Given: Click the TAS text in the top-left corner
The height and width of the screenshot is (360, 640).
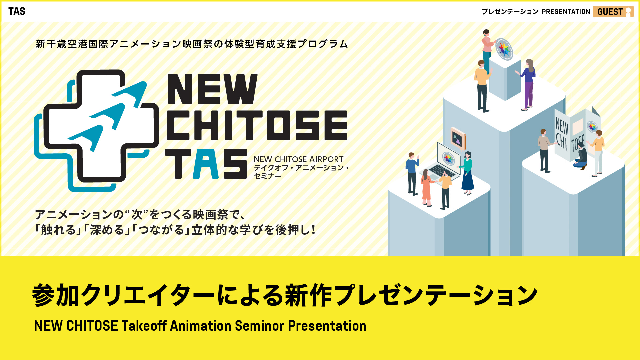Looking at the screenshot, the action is (x=17, y=11).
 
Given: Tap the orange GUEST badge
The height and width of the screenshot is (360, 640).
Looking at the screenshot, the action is (x=613, y=12).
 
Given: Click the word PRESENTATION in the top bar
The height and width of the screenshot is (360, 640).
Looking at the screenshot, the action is (x=566, y=12).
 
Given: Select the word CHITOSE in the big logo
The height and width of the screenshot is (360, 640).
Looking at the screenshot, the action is (x=257, y=125).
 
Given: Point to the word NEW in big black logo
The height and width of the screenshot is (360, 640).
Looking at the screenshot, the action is (x=213, y=89).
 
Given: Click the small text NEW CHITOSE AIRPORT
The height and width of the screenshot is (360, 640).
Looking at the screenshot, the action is (x=298, y=159).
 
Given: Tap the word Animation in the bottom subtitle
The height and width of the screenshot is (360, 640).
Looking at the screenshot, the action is (x=201, y=326).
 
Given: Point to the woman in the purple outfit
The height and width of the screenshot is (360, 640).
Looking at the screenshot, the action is (x=527, y=84).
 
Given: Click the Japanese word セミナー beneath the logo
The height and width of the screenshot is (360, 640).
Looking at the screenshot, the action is (x=268, y=176).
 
